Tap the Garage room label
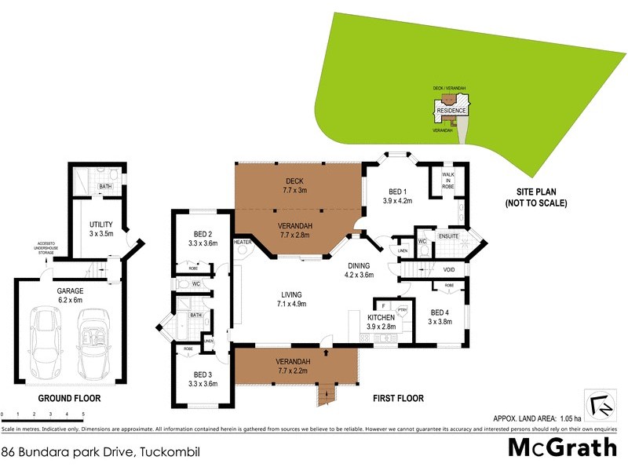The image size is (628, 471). (x=71, y=294)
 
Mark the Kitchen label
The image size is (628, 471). (x=385, y=321)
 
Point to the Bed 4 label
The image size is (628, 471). (x=441, y=317)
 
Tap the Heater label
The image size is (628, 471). (x=243, y=243)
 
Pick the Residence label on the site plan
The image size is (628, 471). (x=452, y=111)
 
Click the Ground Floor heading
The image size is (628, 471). (x=70, y=398)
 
